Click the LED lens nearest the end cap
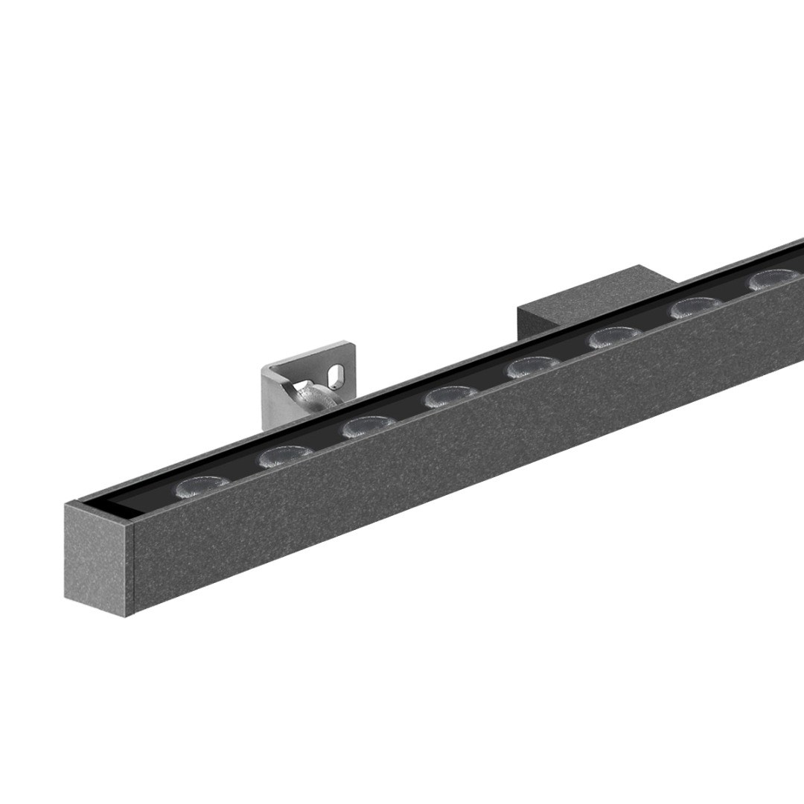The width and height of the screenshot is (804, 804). [x=202, y=486]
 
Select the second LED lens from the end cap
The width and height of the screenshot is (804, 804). [x=287, y=456]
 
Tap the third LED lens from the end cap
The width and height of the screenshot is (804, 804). [x=369, y=427]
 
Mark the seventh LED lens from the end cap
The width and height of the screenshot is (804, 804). [x=697, y=307]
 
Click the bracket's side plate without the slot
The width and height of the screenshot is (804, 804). [x=273, y=395]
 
